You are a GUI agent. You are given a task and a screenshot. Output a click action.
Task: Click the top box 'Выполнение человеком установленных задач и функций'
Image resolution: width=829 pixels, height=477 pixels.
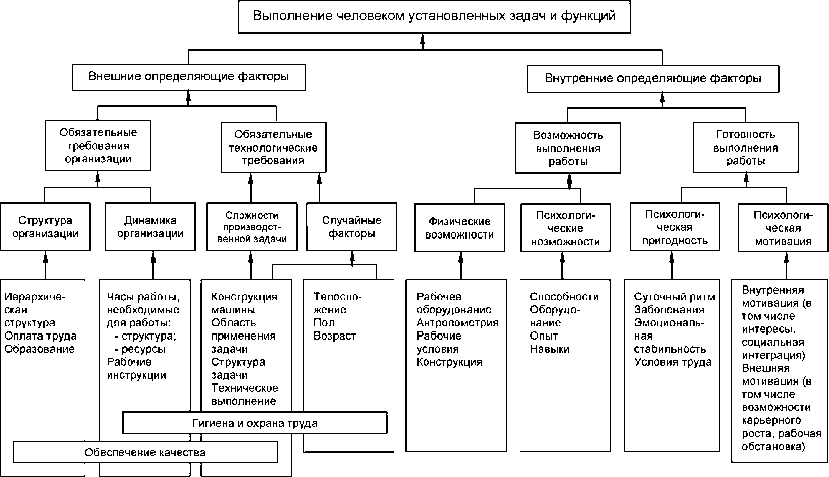click(434, 17)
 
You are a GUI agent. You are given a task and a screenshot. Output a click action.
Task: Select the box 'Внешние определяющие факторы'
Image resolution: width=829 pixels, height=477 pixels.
click(189, 77)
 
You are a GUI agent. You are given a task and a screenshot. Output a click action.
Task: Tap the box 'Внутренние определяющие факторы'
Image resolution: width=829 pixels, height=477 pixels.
click(653, 79)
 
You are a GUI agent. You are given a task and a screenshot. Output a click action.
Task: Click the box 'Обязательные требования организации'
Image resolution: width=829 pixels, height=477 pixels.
click(98, 146)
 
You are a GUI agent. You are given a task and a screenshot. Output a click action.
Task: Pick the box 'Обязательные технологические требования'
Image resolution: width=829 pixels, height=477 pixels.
click(274, 148)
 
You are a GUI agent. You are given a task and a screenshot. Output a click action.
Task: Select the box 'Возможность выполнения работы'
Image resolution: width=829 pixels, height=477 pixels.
click(568, 148)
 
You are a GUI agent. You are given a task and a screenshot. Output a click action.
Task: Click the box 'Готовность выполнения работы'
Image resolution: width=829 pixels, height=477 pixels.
click(745, 148)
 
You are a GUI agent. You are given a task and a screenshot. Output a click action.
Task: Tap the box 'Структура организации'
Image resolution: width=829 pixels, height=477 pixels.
click(45, 227)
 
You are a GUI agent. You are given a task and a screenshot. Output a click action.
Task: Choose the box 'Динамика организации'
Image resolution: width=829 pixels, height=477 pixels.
click(150, 227)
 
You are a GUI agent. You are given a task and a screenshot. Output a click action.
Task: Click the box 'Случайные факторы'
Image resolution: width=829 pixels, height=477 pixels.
click(351, 227)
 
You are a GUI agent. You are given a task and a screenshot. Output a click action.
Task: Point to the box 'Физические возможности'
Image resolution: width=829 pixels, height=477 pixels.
click(459, 228)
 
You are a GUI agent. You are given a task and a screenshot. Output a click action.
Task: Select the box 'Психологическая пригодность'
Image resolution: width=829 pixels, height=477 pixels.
click(675, 227)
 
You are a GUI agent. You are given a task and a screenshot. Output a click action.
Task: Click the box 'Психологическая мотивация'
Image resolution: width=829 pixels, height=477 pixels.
click(784, 227)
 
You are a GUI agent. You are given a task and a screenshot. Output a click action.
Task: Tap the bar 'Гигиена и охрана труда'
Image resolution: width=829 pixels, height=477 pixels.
click(255, 423)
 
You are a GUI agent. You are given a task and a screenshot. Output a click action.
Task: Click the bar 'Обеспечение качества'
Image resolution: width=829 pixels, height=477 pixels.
click(145, 452)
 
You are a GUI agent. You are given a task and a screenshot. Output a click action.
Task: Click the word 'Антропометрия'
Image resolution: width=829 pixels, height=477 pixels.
click(457, 323)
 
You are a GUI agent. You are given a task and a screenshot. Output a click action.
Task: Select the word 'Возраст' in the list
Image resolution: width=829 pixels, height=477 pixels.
click(335, 336)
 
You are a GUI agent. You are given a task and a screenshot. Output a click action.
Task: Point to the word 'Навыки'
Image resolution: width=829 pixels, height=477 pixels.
click(550, 349)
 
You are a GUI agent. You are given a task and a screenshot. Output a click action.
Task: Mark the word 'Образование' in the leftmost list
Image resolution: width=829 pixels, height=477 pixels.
click(39, 349)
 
